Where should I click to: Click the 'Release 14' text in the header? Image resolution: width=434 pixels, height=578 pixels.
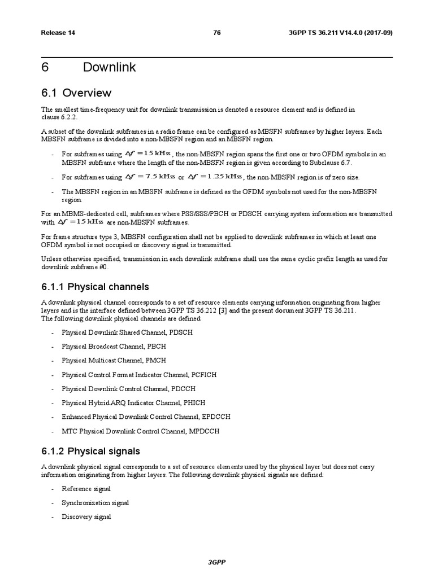(x=58, y=33)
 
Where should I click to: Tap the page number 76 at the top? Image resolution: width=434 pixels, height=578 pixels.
(x=216, y=33)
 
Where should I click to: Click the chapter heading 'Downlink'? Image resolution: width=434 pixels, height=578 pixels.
(x=109, y=68)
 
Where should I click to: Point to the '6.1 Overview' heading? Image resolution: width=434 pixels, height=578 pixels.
(x=76, y=93)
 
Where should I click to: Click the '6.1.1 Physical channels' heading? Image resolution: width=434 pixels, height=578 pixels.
(x=95, y=287)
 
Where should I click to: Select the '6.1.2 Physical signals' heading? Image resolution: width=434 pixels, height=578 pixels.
(x=90, y=451)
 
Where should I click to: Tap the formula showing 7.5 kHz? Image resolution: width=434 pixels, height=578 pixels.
(x=150, y=177)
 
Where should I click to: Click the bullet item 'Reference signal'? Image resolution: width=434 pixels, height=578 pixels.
(x=86, y=489)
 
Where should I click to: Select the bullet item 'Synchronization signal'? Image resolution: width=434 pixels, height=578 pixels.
(x=95, y=503)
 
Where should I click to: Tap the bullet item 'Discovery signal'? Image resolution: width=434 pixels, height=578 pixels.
(x=86, y=517)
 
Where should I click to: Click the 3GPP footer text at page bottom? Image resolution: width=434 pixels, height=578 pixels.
(x=217, y=563)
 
